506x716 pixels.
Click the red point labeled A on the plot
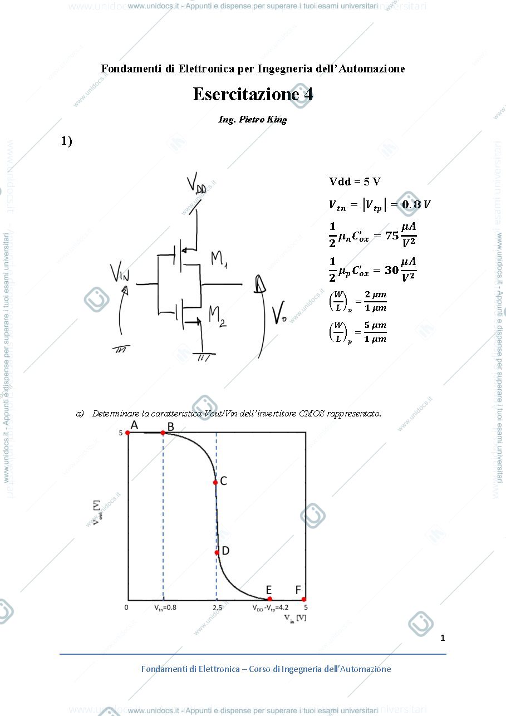127,433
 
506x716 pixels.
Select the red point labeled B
163,433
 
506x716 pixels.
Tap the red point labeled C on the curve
215,483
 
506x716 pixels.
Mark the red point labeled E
270,599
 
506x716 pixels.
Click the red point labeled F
304,599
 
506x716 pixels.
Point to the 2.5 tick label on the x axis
217,607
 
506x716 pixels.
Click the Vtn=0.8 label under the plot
165,607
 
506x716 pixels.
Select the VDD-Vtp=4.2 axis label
271,608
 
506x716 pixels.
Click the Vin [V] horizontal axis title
296,618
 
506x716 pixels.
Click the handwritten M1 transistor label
219,259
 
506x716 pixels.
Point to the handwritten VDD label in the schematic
196,183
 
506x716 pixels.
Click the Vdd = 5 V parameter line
355,182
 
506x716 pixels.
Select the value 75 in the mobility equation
392,236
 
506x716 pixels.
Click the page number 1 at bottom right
443,637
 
